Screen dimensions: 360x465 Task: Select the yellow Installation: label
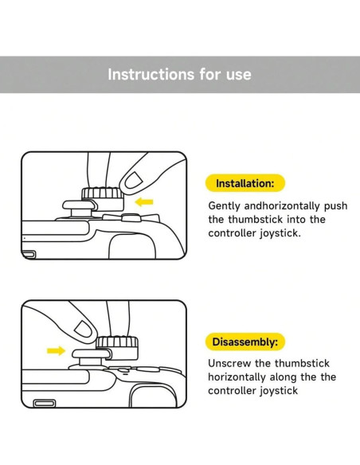[x=245, y=183]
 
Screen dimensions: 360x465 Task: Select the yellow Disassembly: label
[x=245, y=342]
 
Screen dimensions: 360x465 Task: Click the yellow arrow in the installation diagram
[x=144, y=202]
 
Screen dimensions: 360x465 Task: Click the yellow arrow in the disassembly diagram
[x=56, y=350]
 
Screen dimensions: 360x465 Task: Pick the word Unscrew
[x=229, y=363]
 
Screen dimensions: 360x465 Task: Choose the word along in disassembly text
[x=284, y=377]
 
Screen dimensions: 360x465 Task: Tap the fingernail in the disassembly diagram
[x=84, y=329]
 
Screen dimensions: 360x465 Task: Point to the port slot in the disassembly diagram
[x=45, y=404]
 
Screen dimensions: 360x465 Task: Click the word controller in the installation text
[x=232, y=233]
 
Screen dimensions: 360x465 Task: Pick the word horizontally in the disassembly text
[x=237, y=377]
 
